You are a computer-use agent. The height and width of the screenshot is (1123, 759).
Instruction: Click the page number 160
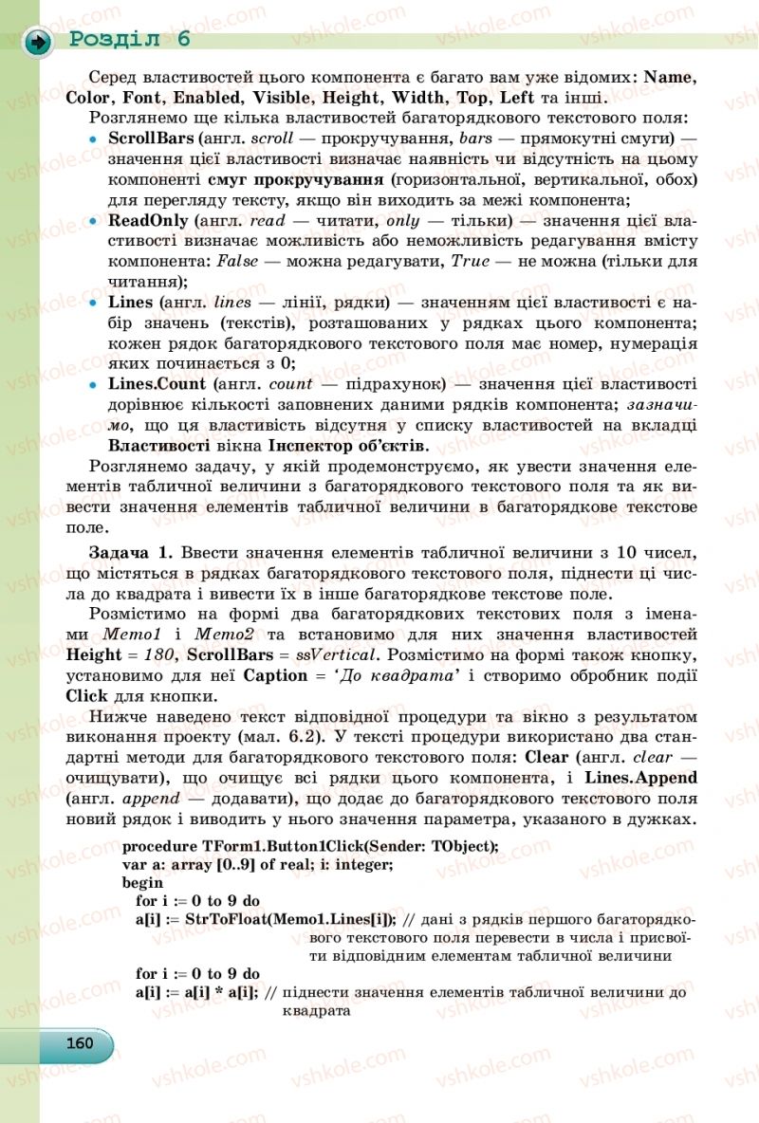(80, 1043)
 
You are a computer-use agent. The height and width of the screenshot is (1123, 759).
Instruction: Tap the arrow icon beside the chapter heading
(38, 42)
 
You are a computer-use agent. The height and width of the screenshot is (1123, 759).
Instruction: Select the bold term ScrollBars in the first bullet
(151, 138)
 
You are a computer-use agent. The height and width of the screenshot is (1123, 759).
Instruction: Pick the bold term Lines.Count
(157, 384)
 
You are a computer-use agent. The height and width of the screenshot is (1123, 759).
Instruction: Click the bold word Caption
(275, 676)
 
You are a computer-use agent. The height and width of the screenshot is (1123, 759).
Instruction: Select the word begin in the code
(143, 882)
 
